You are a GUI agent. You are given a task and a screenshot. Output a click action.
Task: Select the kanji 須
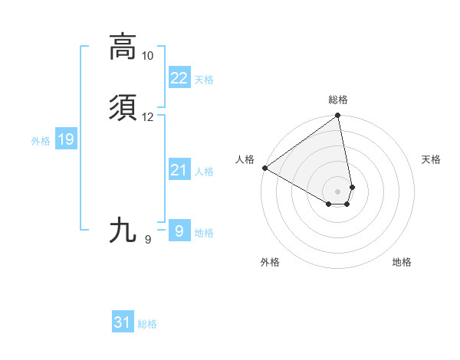coord(123,108)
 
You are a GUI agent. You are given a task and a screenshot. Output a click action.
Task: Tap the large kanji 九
coord(123,230)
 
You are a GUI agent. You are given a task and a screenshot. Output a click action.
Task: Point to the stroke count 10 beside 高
coord(147,56)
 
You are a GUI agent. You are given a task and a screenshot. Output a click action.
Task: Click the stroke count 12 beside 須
coord(147,117)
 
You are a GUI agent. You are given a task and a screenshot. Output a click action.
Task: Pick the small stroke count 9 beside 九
coord(147,240)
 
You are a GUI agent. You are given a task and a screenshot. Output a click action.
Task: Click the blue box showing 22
coord(179,78)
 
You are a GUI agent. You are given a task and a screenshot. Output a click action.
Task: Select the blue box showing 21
coord(179,170)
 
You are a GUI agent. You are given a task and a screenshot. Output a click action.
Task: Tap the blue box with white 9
coord(179,231)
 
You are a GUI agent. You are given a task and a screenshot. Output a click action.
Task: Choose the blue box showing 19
coord(66,139)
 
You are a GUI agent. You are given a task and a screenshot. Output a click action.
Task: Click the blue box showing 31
coord(123,322)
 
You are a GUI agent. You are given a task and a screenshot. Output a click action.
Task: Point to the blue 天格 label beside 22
coord(204,80)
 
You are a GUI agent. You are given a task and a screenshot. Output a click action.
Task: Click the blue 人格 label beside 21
coord(204,172)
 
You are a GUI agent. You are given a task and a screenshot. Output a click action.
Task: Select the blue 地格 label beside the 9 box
coord(204,233)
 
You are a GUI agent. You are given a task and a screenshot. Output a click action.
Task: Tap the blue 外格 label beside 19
coord(41,141)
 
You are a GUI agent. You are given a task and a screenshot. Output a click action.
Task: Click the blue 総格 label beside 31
coord(147,325)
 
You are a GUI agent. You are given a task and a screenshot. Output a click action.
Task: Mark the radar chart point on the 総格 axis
coord(337,116)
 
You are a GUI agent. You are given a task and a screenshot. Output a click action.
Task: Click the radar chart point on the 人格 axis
coord(264,168)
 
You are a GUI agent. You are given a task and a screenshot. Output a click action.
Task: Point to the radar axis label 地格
coord(402,263)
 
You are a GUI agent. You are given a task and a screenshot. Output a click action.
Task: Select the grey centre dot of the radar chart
coord(337,191)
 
